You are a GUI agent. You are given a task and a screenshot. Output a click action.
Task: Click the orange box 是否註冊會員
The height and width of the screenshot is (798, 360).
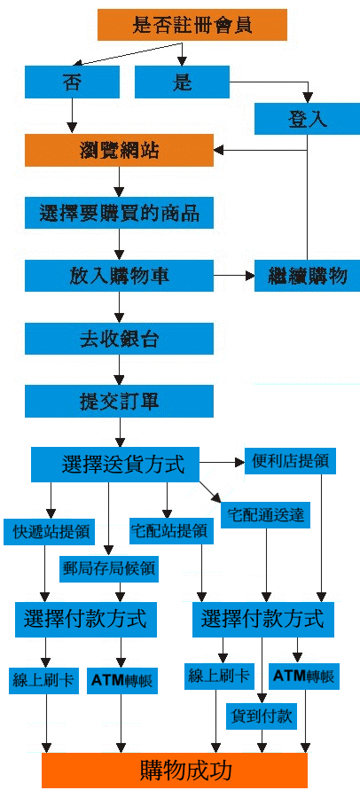192,25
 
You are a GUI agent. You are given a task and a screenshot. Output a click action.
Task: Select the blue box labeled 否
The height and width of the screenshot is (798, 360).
72,82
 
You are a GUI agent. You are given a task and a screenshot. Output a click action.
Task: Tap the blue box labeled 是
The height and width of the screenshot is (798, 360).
182,82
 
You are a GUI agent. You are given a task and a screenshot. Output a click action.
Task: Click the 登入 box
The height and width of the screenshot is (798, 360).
307,119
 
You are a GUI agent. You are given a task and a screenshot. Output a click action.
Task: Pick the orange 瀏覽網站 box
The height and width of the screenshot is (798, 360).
119,150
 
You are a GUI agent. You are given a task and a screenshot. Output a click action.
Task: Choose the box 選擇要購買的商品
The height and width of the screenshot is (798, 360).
119,213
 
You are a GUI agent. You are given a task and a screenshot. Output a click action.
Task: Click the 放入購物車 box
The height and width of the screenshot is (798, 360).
119,276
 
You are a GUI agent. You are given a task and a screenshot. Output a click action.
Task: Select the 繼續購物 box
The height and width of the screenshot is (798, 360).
307,276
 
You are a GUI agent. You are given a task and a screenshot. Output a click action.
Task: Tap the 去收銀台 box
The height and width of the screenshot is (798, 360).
119,339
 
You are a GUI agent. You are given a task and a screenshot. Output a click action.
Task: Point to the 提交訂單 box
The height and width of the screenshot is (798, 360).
119,401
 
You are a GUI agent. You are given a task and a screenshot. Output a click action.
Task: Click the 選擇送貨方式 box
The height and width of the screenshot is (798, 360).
115,465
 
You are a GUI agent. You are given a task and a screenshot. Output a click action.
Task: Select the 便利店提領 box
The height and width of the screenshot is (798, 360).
290,460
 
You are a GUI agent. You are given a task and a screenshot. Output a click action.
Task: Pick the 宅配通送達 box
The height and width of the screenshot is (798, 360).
265,515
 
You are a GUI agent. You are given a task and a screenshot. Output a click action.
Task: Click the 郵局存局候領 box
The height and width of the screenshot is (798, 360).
109,569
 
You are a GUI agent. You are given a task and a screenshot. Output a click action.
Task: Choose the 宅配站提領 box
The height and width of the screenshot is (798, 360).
168,531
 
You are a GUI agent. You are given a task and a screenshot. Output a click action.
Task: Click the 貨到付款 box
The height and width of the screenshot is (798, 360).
262,716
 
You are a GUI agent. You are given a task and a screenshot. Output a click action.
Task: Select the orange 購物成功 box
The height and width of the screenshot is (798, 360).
175,771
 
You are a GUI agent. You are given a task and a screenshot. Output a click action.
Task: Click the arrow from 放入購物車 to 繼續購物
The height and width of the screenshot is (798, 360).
234,276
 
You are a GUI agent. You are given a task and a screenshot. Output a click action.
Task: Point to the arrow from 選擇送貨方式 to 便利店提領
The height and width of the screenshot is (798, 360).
222,463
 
